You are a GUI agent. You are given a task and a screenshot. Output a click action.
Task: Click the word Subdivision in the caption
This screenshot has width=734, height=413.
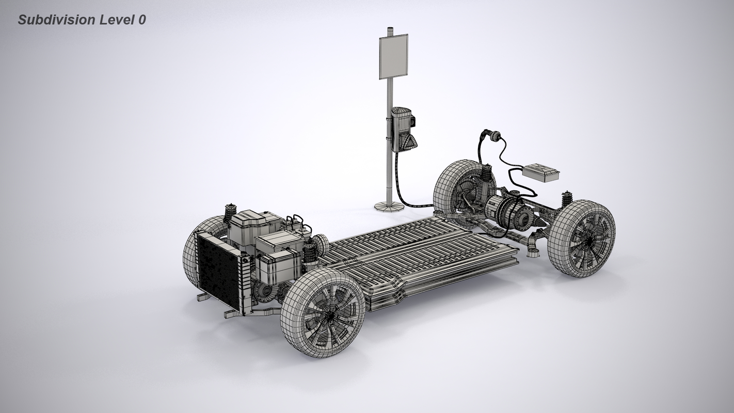point(57,20)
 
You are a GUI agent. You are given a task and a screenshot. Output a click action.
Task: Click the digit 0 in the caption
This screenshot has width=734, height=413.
point(142,20)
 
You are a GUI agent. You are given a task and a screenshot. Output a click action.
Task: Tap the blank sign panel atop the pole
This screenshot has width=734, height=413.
point(393,56)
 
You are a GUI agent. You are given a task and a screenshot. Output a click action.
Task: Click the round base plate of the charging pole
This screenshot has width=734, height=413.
point(389,206)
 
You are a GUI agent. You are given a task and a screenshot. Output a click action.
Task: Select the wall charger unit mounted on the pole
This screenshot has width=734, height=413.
point(402,129)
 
